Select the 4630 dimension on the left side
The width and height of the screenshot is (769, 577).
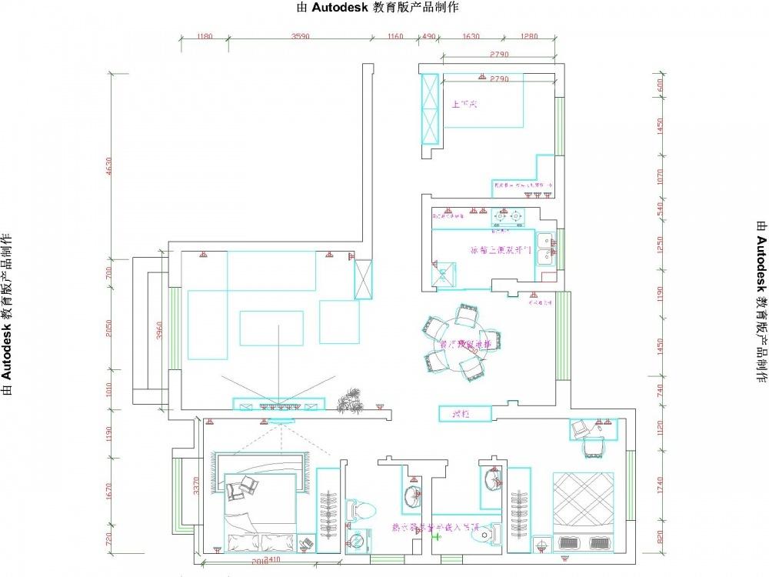click(x=109, y=166)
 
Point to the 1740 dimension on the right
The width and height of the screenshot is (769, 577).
click(x=659, y=485)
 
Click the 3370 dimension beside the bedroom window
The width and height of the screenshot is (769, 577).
click(x=197, y=485)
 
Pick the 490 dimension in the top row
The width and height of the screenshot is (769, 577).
click(x=429, y=35)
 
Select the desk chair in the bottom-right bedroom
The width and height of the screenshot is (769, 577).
click(x=594, y=445)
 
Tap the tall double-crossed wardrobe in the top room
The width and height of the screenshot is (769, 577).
click(x=428, y=108)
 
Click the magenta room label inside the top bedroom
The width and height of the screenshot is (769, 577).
click(x=464, y=103)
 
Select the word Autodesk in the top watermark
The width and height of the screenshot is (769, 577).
click(x=343, y=8)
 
